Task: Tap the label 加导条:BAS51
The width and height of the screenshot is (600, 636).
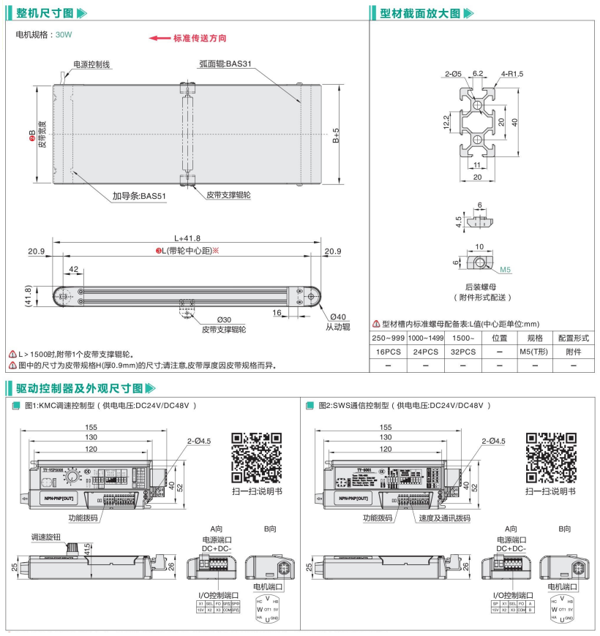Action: pos(139,196)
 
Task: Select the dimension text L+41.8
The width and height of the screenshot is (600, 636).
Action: pos(188,238)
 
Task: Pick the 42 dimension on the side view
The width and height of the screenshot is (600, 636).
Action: pos(73,270)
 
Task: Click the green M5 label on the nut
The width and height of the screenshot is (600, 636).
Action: pos(505,270)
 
